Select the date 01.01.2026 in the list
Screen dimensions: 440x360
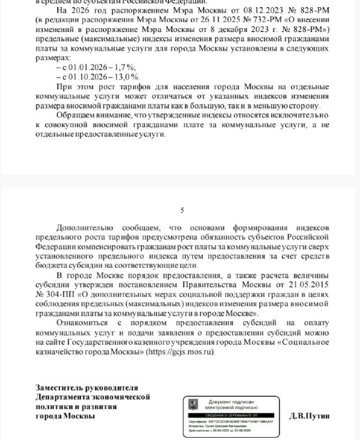pos(83,67)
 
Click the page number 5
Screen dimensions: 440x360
pos(182,210)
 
